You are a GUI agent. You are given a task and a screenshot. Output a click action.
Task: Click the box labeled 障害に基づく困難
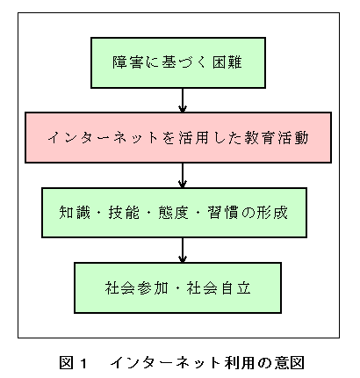178,62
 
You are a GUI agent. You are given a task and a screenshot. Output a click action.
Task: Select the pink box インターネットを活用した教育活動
178,137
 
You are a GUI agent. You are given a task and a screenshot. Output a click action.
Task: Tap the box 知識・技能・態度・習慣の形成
175,213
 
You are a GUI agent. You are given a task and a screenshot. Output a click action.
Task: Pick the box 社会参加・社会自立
178,288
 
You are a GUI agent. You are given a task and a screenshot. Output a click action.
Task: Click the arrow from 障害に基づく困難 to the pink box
183,100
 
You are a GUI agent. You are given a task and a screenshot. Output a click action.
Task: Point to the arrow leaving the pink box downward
183,175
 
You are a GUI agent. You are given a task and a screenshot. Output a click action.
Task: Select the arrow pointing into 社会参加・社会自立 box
183,251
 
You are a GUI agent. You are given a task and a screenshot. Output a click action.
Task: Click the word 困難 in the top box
227,62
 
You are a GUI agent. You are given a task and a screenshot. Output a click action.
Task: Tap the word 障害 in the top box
128,62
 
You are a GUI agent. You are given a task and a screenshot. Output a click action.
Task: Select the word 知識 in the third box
75,213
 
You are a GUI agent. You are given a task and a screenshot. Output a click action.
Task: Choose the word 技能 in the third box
124,213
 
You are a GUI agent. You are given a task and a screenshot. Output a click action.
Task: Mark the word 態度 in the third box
174,213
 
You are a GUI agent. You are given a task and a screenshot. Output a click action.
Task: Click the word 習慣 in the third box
223,213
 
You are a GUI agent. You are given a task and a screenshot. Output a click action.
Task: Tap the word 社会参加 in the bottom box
137,287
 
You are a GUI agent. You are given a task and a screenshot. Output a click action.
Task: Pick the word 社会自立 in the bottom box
219,287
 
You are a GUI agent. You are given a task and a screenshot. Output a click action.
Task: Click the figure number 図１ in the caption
73,363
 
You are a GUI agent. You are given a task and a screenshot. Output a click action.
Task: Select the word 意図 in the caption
289,363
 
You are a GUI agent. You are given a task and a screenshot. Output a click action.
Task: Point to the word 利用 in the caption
240,363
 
